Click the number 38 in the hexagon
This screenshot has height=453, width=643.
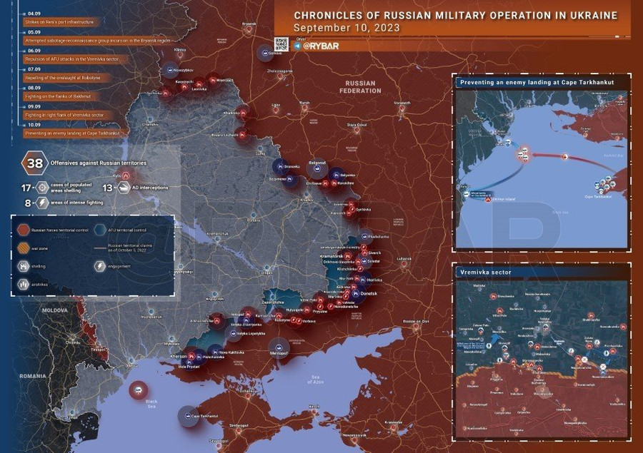[34, 163]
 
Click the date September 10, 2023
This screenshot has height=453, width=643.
[347, 28]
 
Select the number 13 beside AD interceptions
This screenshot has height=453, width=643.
[107, 188]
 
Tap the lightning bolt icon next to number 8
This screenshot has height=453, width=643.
[42, 203]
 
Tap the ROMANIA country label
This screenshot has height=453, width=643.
[32, 375]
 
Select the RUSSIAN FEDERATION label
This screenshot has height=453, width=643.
[360, 87]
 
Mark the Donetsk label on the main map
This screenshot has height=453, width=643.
[369, 293]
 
